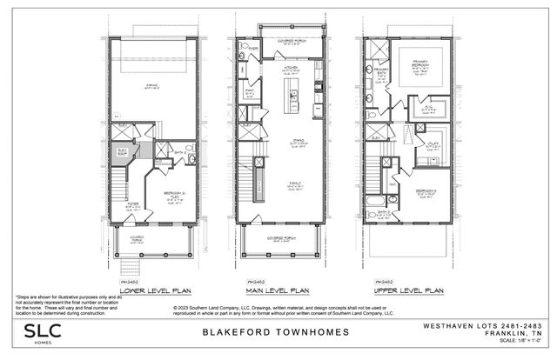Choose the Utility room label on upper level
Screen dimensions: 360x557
(432, 147)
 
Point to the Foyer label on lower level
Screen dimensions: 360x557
(132, 205)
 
